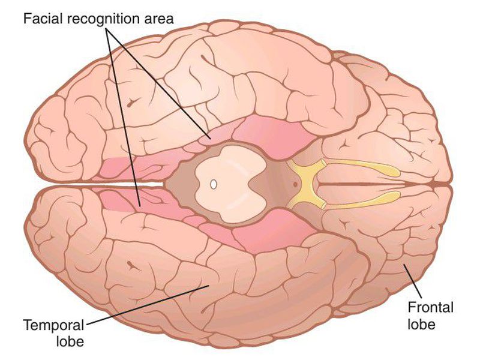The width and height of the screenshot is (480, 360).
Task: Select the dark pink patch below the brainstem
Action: coord(264,231)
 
